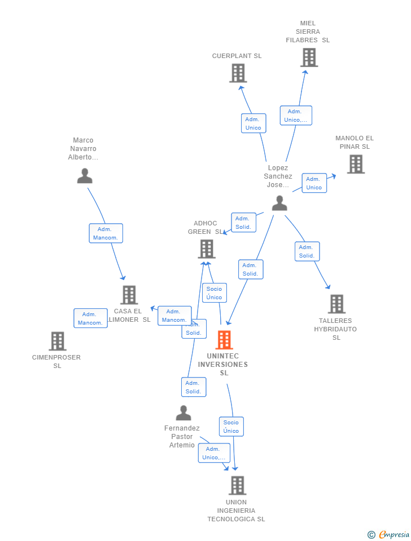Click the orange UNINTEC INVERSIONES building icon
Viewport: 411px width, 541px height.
[224, 340]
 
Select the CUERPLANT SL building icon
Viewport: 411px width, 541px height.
[238, 73]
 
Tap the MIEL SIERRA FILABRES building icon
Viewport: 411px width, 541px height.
[309, 57]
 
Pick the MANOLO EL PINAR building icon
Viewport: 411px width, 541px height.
[356, 164]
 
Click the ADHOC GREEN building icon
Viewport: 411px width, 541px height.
[207, 249]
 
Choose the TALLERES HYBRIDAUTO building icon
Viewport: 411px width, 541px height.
[336, 304]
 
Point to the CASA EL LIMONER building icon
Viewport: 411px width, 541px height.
[129, 294]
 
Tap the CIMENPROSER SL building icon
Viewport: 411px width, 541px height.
[57, 341]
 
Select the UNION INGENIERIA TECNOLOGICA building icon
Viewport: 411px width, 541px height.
[237, 485]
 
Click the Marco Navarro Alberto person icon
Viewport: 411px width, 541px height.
[85, 176]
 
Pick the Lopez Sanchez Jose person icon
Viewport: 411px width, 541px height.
[279, 203]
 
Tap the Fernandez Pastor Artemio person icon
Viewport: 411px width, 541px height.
[183, 413]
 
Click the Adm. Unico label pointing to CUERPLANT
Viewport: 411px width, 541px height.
[253, 123]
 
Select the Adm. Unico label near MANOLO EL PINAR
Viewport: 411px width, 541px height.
[314, 183]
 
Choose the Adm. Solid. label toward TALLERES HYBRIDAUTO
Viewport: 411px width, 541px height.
[307, 251]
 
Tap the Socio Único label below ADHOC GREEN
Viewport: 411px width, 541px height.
[215, 293]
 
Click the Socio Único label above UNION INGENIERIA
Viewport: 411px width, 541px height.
[231, 427]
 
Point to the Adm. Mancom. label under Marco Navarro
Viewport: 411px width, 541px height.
[106, 233]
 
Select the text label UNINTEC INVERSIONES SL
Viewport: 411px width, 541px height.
[223, 364]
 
